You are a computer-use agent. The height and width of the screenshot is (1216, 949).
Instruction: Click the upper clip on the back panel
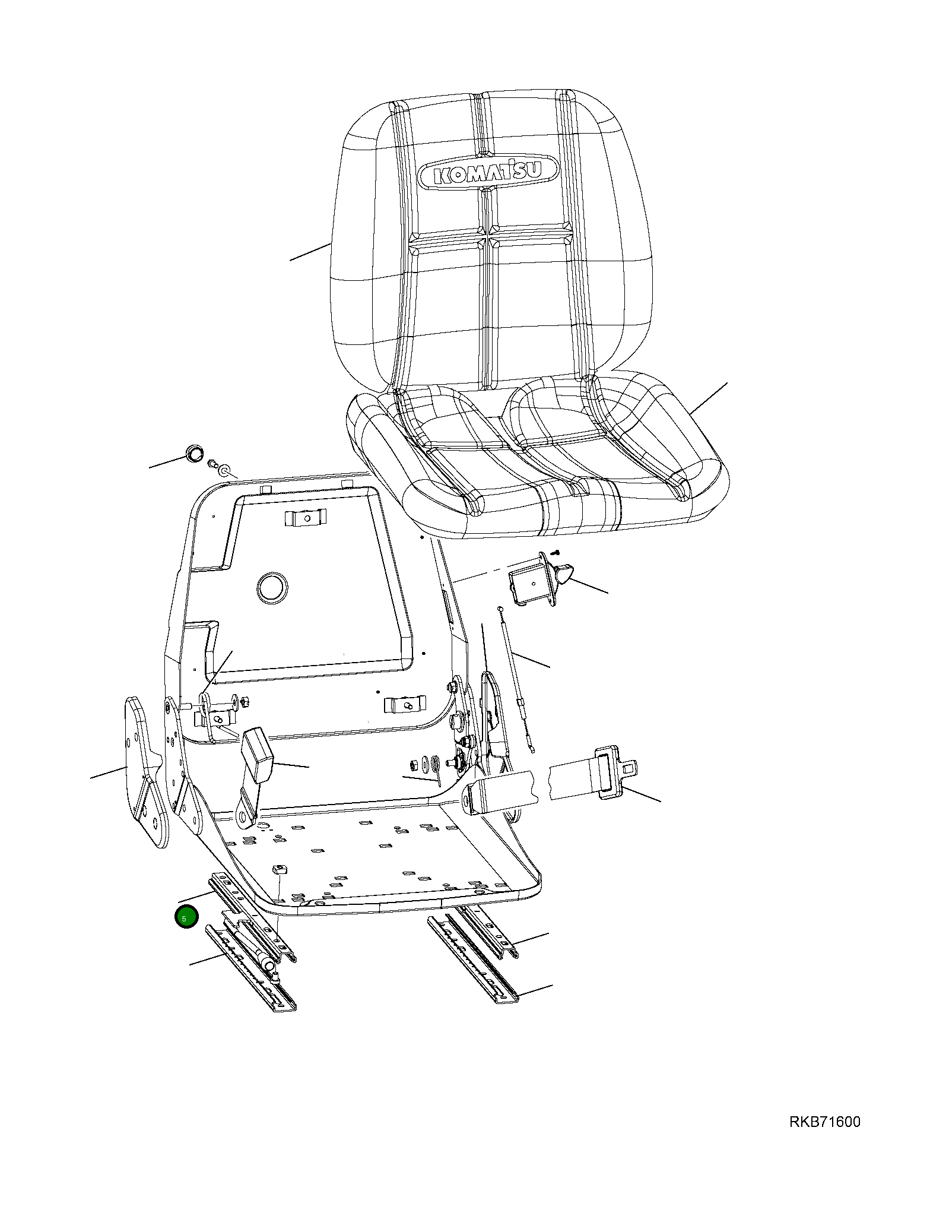pyautogui.click(x=306, y=518)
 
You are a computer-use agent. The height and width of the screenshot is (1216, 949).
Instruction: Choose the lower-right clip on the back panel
pyautogui.click(x=406, y=705)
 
